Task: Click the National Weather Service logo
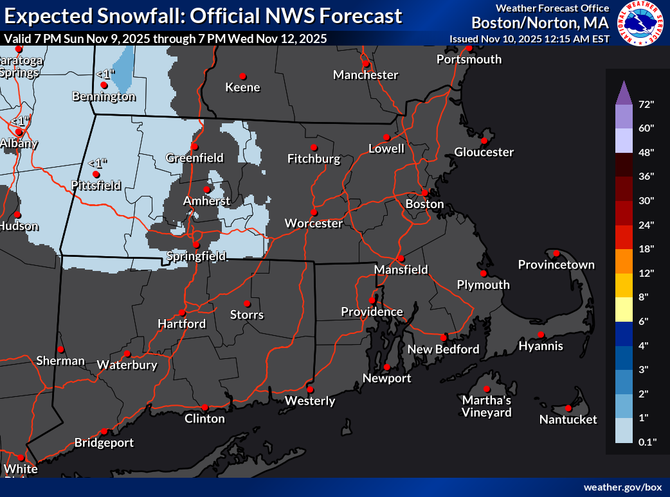[x=640, y=23]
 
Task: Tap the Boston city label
[x=424, y=204]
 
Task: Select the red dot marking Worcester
[x=314, y=212]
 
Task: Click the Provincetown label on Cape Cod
[x=556, y=265]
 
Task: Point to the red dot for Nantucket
[x=568, y=408]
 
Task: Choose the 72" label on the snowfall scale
[x=646, y=104]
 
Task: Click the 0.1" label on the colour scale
[x=646, y=441]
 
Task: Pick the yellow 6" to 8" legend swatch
[x=624, y=308]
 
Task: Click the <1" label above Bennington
[x=105, y=74]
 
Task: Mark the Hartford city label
[x=182, y=324]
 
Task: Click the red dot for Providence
[x=372, y=300]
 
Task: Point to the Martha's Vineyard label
[x=487, y=406]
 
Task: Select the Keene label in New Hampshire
[x=242, y=87]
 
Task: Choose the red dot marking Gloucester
[x=484, y=141]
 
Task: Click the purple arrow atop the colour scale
[x=624, y=94]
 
